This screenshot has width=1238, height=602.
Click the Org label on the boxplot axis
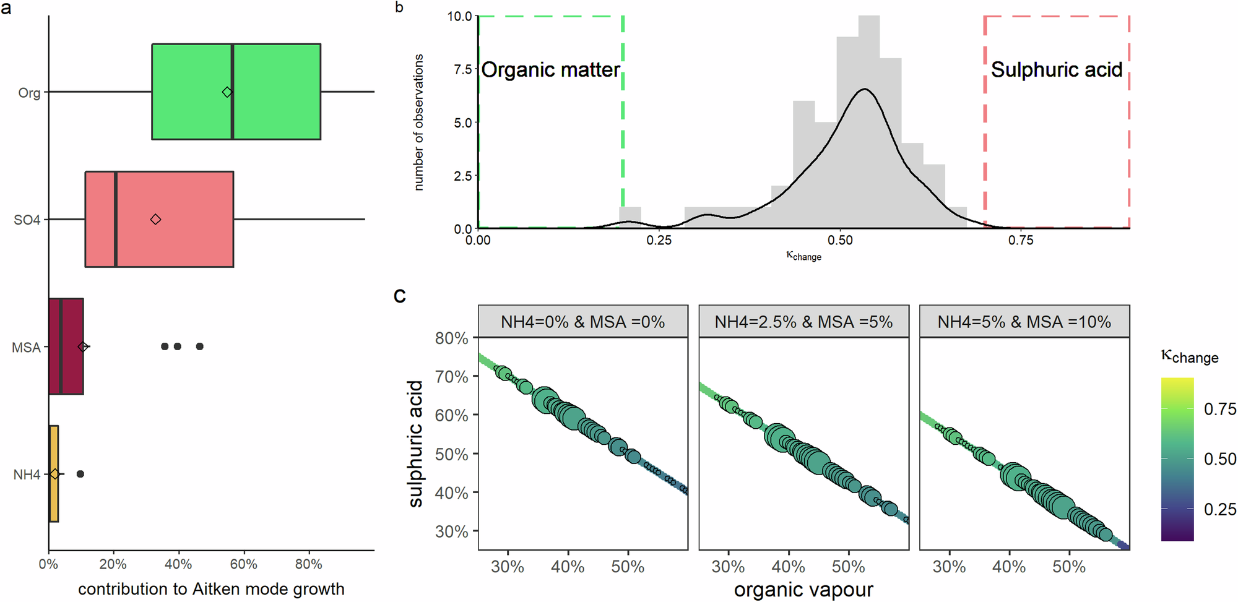point(28,93)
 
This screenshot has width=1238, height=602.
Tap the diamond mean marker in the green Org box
point(227,92)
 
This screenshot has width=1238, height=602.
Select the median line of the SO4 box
point(116,219)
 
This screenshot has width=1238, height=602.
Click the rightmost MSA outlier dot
point(199,346)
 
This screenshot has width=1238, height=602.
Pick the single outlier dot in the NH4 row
point(80,474)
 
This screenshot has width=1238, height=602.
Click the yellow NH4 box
point(54,474)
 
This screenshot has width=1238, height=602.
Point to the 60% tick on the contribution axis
point(243,564)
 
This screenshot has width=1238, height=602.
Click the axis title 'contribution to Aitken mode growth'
point(211,589)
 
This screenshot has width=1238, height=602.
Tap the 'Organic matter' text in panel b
point(550,70)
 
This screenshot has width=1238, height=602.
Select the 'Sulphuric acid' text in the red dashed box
point(1056,70)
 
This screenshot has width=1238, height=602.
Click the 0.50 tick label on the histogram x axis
point(840,240)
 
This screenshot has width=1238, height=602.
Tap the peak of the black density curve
point(865,90)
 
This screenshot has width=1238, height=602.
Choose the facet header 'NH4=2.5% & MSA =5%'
point(803,322)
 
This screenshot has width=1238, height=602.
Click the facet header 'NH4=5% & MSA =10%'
point(1024,322)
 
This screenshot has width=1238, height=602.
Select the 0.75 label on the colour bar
point(1219,409)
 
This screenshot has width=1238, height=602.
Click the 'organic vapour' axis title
point(803,590)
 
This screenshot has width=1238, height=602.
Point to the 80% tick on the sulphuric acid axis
point(452,338)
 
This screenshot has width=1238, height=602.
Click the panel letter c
point(400,296)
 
